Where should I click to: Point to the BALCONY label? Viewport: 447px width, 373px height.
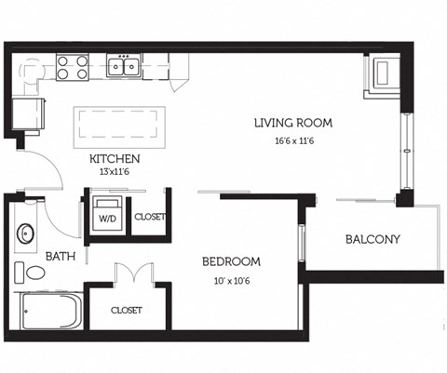372,239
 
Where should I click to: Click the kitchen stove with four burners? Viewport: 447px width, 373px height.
72,67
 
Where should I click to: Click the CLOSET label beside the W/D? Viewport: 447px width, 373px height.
150,217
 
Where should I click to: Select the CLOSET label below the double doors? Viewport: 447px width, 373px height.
127,310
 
